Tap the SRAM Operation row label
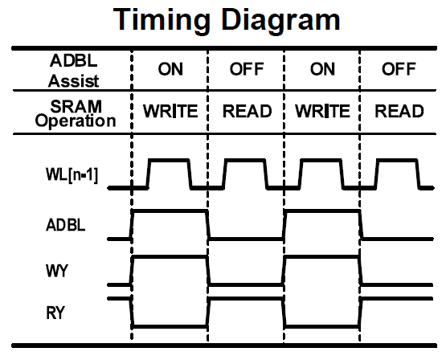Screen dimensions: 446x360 tap(76, 114)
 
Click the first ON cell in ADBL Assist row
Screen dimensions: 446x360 tap(170, 69)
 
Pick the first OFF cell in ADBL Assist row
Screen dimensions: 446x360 tap(247, 69)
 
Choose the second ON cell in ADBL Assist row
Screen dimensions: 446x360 tap(322, 69)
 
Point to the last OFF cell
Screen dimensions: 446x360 tap(399, 69)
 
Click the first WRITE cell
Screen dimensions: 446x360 tap(170, 111)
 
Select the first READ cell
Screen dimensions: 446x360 tap(247, 111)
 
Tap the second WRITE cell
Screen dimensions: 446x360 tap(322, 111)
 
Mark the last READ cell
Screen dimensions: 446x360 tap(399, 111)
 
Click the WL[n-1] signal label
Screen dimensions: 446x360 tap(72, 174)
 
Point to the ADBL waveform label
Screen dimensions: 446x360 tap(65, 225)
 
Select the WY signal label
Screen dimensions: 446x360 tap(57, 271)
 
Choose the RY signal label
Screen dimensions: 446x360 tap(55, 313)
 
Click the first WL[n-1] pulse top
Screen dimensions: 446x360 tap(169, 161)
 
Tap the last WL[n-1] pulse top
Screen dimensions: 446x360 tap(397, 161)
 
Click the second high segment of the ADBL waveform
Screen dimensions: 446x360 tap(322, 211)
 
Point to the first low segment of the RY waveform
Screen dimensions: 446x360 tap(170, 326)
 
